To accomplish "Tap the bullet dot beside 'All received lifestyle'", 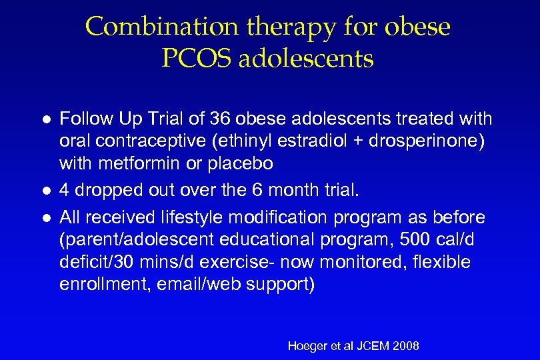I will tap(43, 217).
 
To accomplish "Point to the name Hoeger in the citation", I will tap(307, 345).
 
